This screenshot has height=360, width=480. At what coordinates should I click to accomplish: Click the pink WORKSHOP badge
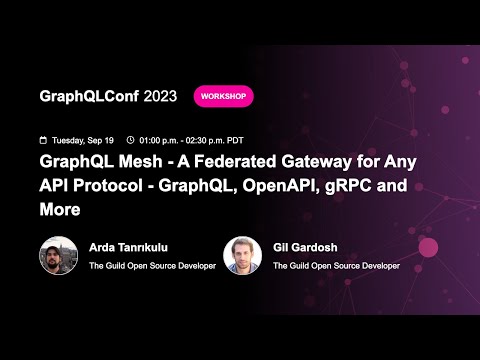[223, 96]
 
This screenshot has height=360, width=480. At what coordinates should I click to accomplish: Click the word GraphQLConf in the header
[88, 96]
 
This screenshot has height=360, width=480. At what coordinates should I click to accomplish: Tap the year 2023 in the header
[161, 96]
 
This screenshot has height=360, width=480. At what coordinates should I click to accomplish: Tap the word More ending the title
[59, 211]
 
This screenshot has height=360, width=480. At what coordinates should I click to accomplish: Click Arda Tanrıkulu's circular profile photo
[58, 256]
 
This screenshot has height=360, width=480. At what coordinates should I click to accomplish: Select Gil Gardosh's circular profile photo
[242, 256]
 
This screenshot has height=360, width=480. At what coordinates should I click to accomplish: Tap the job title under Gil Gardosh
[336, 266]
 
